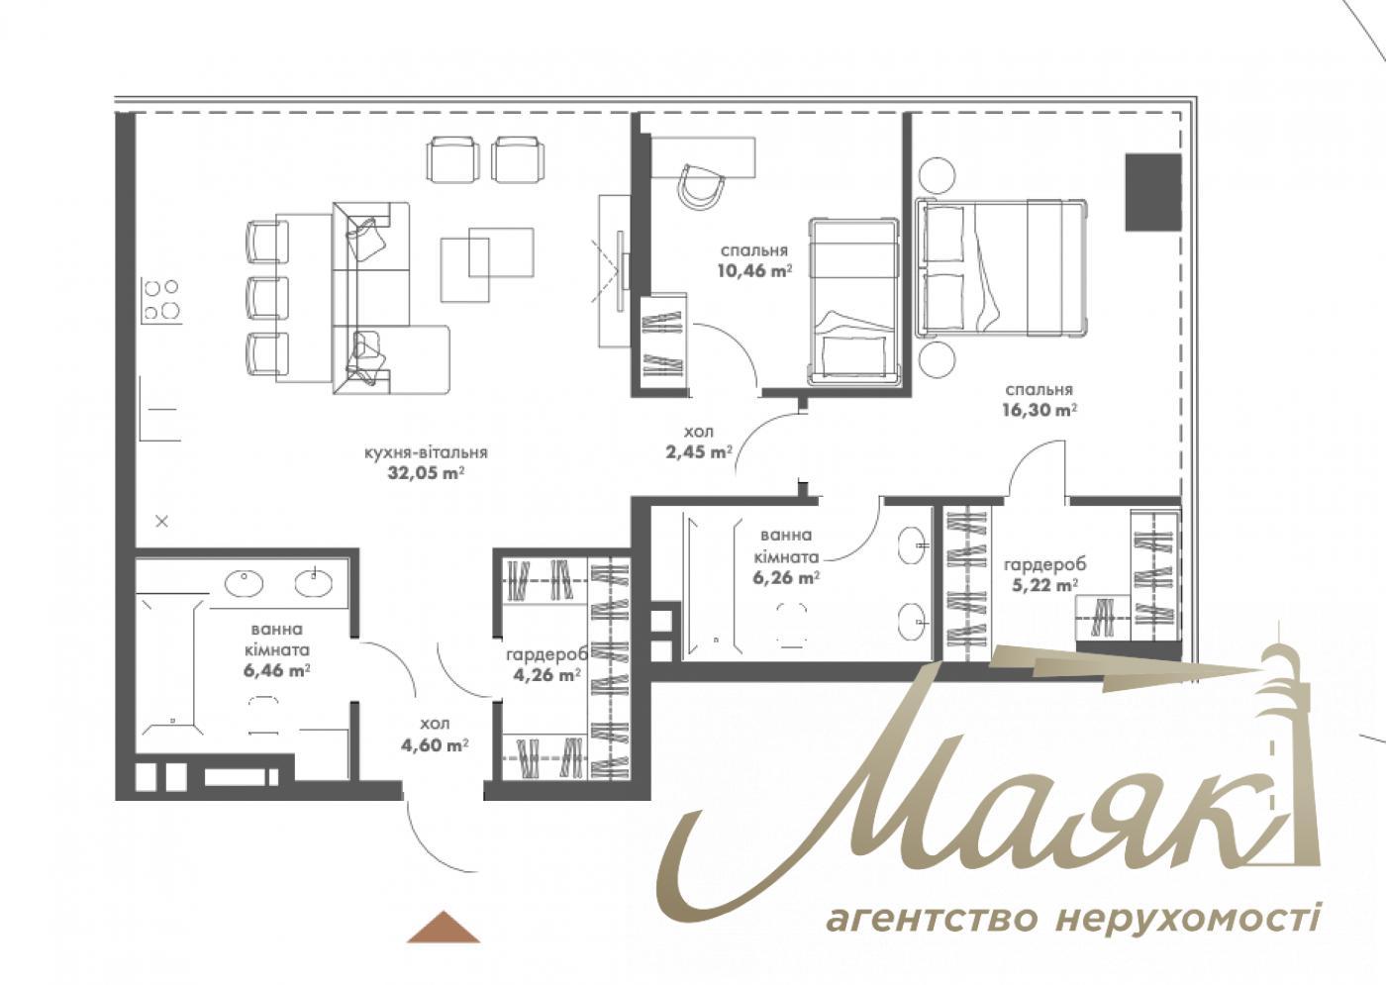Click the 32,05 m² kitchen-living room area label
click(x=426, y=463)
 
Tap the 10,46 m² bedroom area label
click(x=754, y=261)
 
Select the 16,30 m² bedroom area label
click(x=1039, y=400)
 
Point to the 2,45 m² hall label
click(x=698, y=443)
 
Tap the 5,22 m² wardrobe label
click(x=1044, y=574)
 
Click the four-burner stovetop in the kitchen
click(x=161, y=299)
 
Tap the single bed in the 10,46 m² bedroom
click(x=853, y=301)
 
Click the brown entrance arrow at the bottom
click(x=443, y=928)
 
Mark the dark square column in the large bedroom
click(x=1154, y=192)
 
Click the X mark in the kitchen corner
click(x=162, y=521)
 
